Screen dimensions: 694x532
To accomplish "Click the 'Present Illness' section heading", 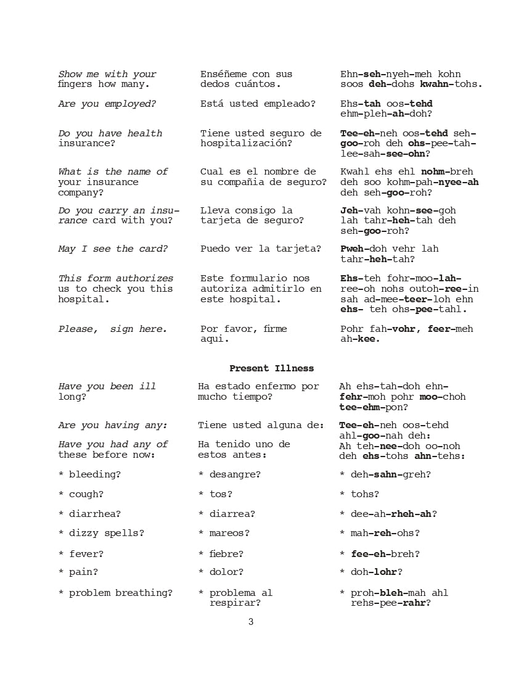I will click(271, 368).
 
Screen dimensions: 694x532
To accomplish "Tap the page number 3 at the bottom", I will click(251, 622).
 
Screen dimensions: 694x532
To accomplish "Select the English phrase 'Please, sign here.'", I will click(113, 329).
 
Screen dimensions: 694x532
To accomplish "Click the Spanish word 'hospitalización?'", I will click(246, 144).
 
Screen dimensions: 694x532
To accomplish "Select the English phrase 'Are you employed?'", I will click(107, 104).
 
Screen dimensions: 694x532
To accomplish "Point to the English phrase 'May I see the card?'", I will click(113, 249).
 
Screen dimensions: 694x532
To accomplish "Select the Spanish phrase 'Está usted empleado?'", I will click(258, 104).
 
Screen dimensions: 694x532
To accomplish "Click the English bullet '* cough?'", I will click(81, 494).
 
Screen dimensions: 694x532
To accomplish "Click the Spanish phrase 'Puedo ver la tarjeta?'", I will click(261, 249).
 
